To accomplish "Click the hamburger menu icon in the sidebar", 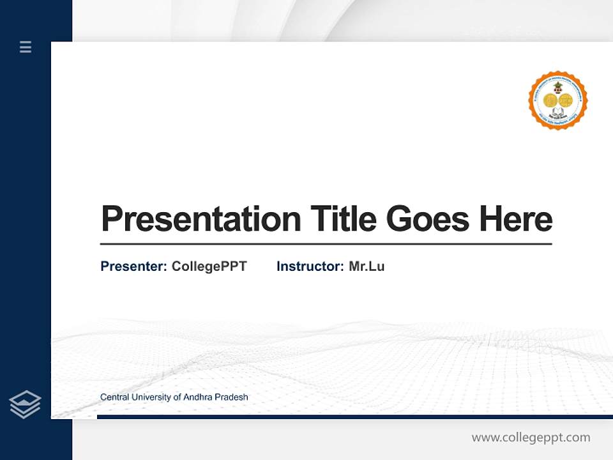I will [26, 47].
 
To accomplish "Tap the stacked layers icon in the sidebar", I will [25, 404].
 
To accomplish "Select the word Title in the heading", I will [344, 218].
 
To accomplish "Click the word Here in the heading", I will [516, 218].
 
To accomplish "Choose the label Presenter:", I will [133, 266].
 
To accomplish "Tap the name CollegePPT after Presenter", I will [209, 266].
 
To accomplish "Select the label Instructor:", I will [310, 266].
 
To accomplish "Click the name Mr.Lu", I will [367, 266].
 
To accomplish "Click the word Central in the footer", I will [114, 397].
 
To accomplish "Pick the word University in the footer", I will [151, 397].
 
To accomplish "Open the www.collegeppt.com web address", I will [531, 438].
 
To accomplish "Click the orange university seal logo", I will [557, 101].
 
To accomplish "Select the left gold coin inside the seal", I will [550, 100].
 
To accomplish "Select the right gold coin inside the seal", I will [566, 100].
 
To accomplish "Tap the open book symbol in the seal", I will [557, 115].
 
